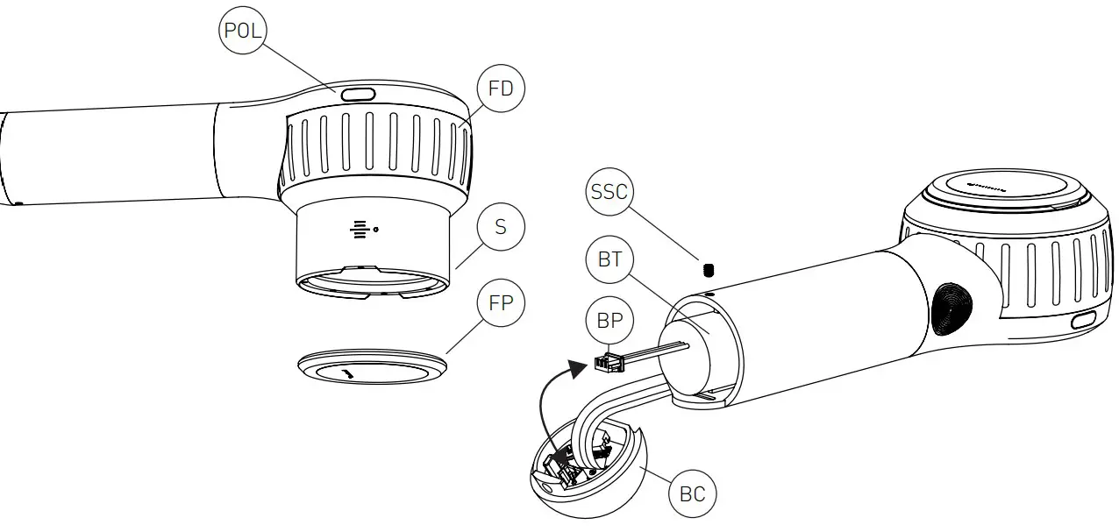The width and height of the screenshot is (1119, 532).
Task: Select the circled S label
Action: click(500, 227)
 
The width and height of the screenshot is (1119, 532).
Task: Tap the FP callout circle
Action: click(500, 305)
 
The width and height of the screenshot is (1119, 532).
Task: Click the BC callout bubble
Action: click(692, 494)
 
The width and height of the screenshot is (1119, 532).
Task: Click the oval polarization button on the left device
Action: click(358, 94)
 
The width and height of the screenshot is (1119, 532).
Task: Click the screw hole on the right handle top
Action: click(708, 296)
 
